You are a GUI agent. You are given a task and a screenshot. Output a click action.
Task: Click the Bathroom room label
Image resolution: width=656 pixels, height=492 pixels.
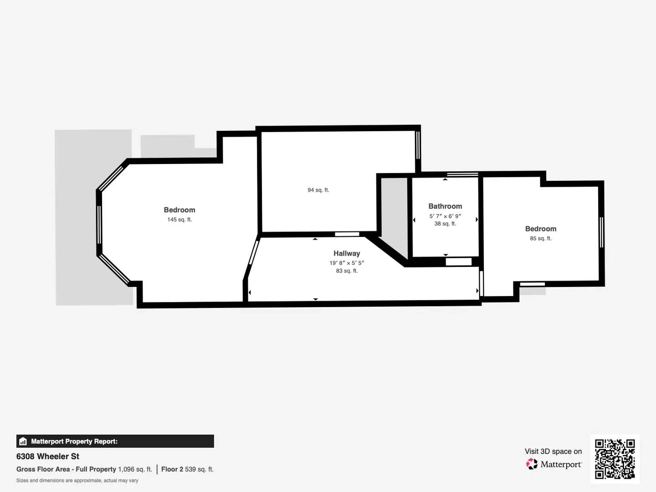pos(445,206)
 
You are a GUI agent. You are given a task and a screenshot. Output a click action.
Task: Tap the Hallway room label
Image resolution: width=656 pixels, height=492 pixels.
pos(347,253)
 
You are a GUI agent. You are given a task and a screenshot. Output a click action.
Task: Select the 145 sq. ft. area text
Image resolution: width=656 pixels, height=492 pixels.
pos(179,220)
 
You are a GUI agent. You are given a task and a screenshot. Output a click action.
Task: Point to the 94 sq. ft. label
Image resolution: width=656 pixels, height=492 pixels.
pos(318,190)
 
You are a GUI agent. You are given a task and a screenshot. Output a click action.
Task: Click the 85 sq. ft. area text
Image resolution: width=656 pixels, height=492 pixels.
pos(541,238)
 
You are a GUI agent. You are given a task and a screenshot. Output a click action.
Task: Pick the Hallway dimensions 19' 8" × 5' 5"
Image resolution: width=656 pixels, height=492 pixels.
pos(347,263)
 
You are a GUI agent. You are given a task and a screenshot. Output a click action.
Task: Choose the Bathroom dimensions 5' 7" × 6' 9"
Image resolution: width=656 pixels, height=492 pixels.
pos(445,216)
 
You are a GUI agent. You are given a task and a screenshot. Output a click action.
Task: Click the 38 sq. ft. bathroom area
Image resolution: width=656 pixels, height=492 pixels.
pos(445,224)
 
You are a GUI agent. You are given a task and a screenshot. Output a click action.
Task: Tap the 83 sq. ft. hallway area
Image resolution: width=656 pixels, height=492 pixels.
pos(347,271)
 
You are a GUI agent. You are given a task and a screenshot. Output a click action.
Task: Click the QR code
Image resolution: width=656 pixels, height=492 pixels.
pos(615,459)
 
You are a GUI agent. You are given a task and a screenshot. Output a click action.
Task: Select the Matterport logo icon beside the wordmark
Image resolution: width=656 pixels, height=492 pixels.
pos(532,464)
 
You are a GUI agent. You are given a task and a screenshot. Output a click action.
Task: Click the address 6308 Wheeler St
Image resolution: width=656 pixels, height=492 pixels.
pos(48,456)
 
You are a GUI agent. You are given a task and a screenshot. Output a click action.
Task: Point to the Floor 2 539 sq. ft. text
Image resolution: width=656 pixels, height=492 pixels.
pos(187,469)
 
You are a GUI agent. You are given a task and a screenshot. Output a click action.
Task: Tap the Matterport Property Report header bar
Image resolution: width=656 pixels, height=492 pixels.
pos(115,441)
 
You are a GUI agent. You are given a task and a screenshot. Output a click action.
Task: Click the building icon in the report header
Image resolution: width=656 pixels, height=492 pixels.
pos(23,441)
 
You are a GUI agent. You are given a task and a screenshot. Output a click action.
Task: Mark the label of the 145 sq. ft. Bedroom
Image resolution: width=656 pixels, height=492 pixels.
pos(179,210)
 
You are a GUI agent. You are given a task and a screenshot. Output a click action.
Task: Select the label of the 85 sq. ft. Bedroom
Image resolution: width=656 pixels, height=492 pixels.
pos(541,229)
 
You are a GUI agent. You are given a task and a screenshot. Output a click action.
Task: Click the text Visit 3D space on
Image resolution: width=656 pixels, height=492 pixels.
pos(553,451)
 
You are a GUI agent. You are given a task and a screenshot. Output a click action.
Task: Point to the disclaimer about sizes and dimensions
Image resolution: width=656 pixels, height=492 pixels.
pos(77,481)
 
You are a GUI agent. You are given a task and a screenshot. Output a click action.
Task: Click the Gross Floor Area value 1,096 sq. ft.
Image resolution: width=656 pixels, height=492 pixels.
pos(135,469)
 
